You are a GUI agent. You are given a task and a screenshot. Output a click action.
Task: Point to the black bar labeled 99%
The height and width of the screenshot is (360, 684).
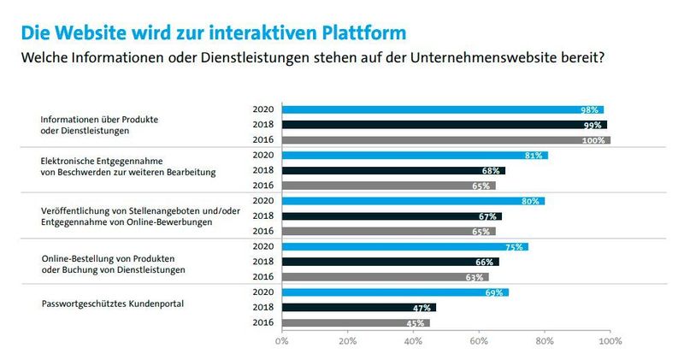point(445,125)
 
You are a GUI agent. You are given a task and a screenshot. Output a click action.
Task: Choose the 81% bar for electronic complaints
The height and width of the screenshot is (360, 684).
point(415,156)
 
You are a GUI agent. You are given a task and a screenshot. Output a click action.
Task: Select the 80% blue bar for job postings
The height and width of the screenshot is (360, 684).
point(413,202)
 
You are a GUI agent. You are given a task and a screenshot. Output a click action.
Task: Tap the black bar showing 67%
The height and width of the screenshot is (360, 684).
point(392,216)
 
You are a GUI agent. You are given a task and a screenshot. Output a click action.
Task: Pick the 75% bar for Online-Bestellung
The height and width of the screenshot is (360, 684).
point(405,247)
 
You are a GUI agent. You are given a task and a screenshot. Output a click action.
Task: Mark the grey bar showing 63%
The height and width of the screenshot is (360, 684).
point(386,277)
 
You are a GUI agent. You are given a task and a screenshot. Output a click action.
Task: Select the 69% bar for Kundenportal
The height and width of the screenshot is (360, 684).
point(395,292)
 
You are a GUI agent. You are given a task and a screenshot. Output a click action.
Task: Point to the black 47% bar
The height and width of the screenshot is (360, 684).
point(359,308)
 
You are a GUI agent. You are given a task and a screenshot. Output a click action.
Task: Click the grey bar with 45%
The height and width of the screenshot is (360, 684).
point(356,323)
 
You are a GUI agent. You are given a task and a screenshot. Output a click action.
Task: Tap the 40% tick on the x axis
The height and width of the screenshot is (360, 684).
point(413,341)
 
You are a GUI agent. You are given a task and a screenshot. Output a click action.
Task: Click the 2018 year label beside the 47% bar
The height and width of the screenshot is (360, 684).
point(262,308)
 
